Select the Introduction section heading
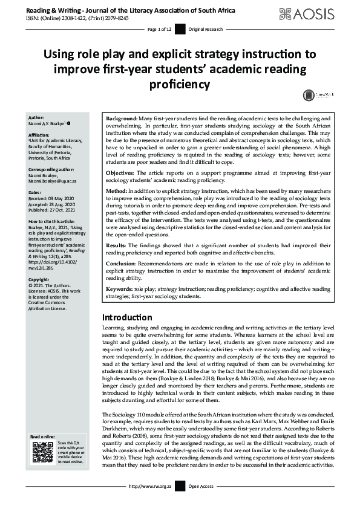coord(126,317)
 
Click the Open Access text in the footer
coord(201,502)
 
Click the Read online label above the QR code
coord(44,436)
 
